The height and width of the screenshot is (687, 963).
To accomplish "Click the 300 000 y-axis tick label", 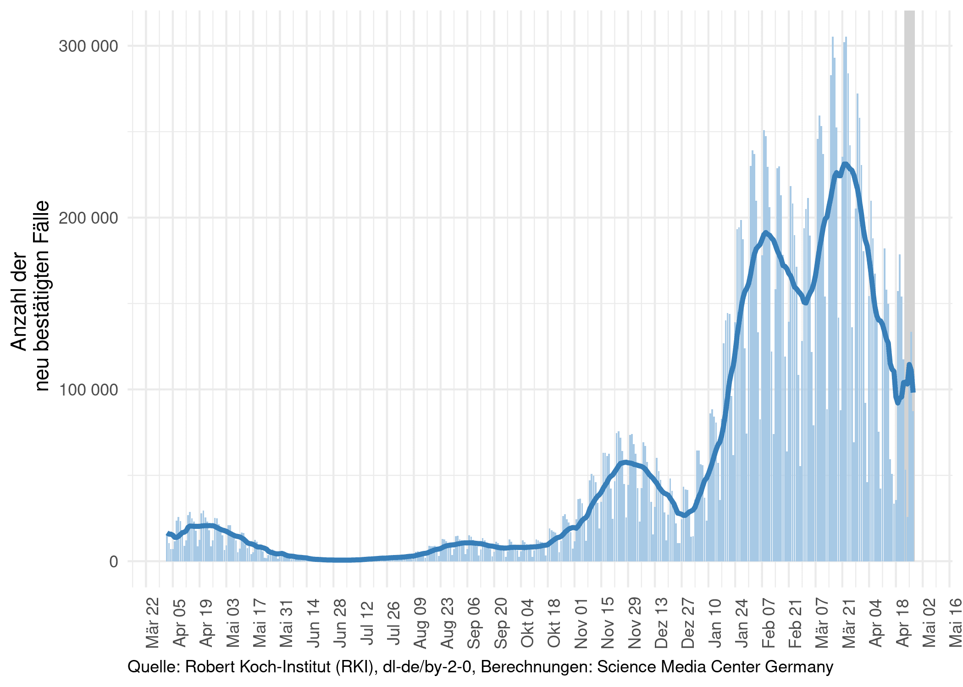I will tap(88, 46).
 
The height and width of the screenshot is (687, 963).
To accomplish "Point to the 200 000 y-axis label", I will tap(88, 218).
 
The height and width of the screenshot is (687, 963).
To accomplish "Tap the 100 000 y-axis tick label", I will tap(88, 390).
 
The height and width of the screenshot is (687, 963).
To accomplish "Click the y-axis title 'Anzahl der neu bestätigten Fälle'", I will tap(29, 296).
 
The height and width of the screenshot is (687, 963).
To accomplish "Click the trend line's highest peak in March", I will tap(845, 164).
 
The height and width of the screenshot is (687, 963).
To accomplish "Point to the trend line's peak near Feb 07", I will tap(765, 232).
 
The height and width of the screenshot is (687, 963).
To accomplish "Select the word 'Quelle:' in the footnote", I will tap(154, 667).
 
